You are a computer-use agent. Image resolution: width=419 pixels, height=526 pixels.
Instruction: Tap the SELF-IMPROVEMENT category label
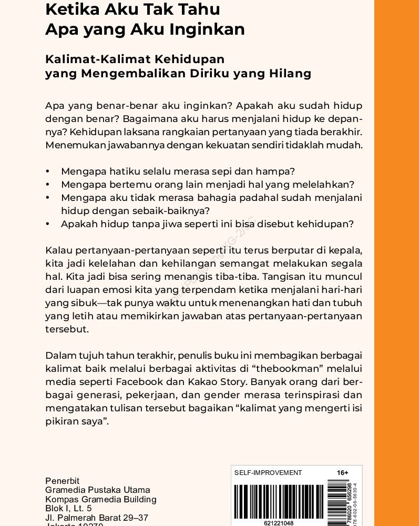268,473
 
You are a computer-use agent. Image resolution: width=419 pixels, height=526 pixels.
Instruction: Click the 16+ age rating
342,473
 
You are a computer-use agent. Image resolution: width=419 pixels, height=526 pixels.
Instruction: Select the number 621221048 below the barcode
279,523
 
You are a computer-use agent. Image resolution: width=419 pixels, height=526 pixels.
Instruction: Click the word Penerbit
62,481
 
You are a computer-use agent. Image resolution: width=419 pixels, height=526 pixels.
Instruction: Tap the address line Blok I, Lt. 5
68,508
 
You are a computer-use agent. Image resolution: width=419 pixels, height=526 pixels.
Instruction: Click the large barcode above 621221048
279,501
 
